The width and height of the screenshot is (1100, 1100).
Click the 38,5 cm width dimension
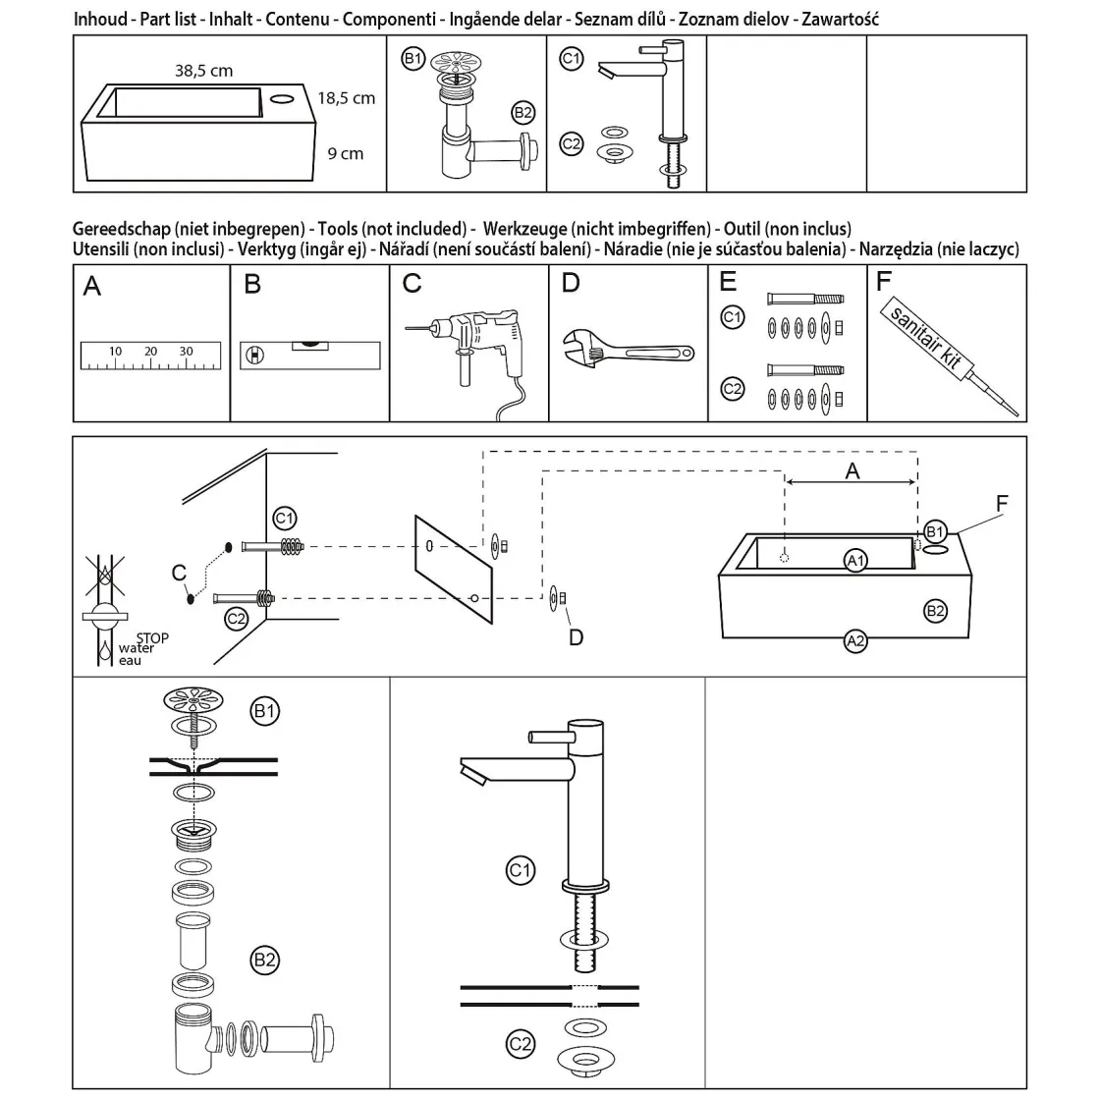[203, 70]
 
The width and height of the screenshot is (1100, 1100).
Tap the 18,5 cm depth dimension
[346, 98]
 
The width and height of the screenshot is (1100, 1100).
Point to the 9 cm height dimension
[345, 153]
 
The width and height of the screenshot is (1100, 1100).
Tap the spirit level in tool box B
[309, 354]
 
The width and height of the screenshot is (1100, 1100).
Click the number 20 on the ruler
[150, 351]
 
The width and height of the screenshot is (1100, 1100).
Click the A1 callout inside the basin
[855, 560]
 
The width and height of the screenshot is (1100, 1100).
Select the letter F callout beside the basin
[1001, 503]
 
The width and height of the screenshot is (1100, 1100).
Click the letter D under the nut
[577, 637]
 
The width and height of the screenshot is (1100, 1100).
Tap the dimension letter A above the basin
[852, 471]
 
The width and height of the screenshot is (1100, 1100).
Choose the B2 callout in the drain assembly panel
[264, 960]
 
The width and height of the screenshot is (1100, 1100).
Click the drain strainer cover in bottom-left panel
[193, 701]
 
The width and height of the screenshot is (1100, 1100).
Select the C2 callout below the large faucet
[520, 1044]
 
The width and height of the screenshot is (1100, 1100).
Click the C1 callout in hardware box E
[733, 316]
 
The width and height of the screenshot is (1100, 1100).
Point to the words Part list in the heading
[167, 19]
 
